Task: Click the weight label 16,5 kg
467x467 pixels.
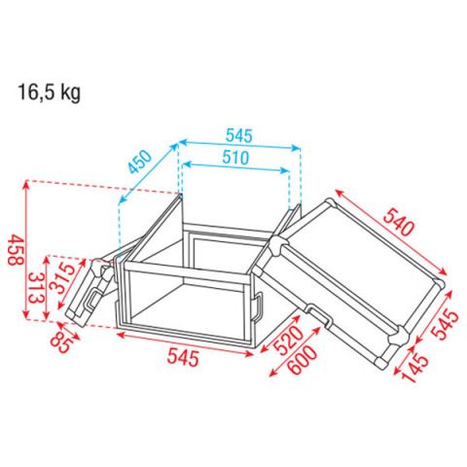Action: pyautogui.click(x=49, y=92)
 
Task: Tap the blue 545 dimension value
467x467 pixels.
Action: pyautogui.click(x=239, y=135)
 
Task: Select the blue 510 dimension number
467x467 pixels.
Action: pyautogui.click(x=235, y=158)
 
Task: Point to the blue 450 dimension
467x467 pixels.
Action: pyautogui.click(x=140, y=162)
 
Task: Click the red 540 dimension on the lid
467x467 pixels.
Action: pyautogui.click(x=399, y=222)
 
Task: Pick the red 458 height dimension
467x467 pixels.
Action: pyautogui.click(x=16, y=250)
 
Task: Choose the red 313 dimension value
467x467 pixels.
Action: pyautogui.click(x=36, y=288)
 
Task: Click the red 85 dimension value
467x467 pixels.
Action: pyautogui.click(x=60, y=342)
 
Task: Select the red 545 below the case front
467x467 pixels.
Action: pyautogui.click(x=183, y=358)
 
